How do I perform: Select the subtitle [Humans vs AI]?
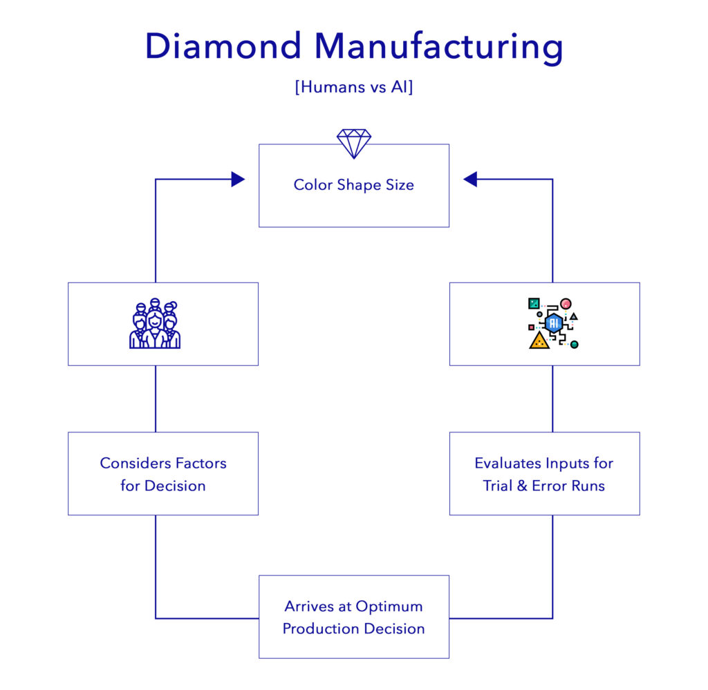(x=353, y=88)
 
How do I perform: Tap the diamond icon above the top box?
(x=354, y=144)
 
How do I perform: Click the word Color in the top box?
(x=313, y=185)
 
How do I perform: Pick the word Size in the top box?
(x=400, y=185)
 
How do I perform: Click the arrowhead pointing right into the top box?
(x=238, y=180)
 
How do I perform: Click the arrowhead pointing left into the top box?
(x=470, y=180)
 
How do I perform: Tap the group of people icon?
(x=155, y=324)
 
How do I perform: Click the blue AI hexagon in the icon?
(x=552, y=323)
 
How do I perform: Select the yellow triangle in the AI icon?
(x=539, y=340)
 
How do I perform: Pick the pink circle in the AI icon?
(x=566, y=303)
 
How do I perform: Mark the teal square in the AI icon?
(x=534, y=303)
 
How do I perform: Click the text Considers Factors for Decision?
(x=163, y=474)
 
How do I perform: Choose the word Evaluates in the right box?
(x=507, y=463)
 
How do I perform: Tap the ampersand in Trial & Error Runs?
(x=522, y=486)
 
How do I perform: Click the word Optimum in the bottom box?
(x=389, y=606)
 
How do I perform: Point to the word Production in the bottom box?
(x=315, y=629)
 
